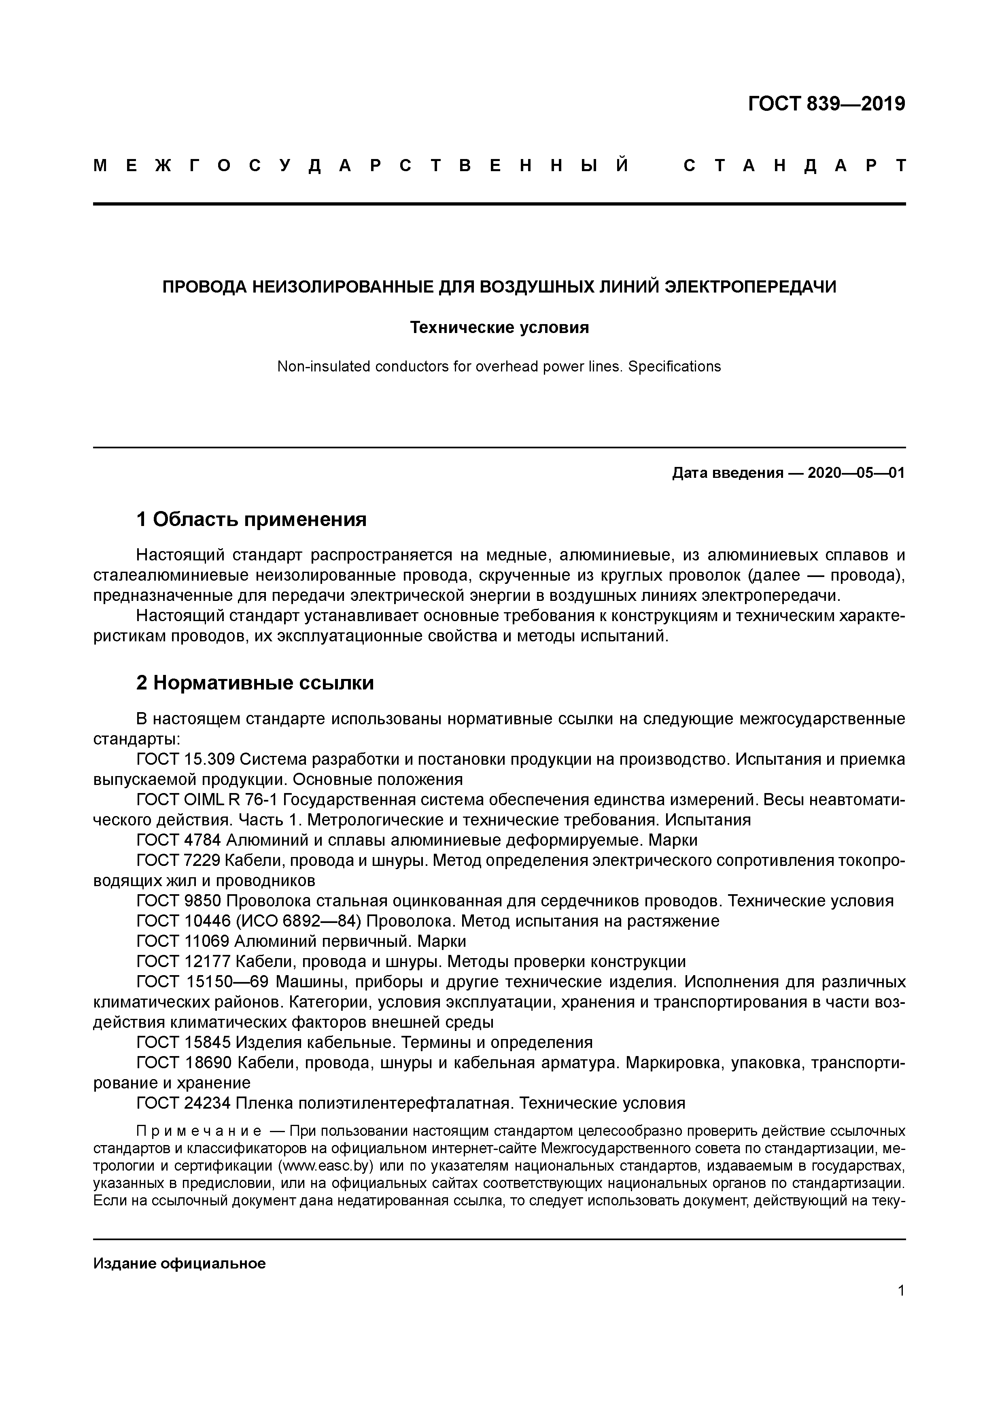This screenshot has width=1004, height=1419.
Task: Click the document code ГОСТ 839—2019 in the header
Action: click(826, 104)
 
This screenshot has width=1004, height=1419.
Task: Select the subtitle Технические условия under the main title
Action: click(499, 328)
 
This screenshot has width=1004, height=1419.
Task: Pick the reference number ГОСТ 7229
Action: click(179, 860)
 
